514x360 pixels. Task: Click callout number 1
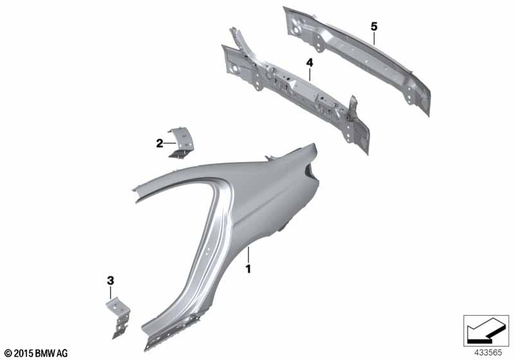click(249, 270)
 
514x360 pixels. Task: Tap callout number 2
click(159, 143)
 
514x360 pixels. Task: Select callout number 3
click(111, 280)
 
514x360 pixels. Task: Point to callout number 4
click(309, 62)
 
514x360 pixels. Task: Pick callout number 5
click(373, 26)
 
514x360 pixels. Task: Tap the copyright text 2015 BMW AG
click(36, 353)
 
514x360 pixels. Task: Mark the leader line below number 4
click(309, 74)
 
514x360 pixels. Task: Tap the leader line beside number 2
click(169, 143)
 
